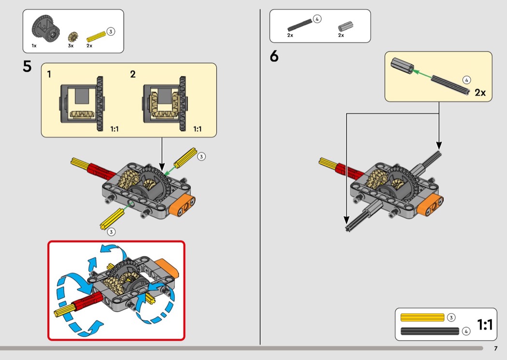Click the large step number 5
[27, 67]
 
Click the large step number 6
[274, 56]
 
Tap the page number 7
[496, 348]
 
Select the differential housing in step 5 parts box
[46, 29]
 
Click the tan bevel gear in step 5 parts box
[73, 37]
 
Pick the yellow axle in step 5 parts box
[97, 37]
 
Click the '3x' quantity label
[70, 46]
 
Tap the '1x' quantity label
[34, 46]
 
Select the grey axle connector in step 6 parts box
[345, 27]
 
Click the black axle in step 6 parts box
[300, 25]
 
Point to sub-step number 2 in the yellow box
[133, 74]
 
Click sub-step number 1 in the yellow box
[49, 74]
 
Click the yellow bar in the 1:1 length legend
[422, 318]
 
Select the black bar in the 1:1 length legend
[430, 331]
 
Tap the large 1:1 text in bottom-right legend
[485, 324]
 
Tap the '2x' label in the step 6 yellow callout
[480, 93]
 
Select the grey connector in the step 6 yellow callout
[402, 66]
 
